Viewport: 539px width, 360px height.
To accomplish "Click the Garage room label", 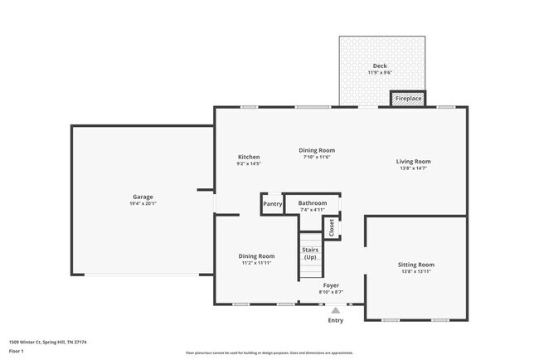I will coord(143,197).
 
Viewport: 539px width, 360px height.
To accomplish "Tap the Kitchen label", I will coord(249,157).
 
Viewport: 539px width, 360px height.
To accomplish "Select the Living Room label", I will coord(413,161).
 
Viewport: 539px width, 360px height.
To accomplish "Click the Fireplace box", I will coord(408,99).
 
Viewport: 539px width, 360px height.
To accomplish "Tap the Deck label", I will coord(380,66).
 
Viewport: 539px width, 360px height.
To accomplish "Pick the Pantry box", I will coord(272,204).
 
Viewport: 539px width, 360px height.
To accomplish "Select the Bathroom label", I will coord(313,202).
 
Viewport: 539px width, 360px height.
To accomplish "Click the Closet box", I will coord(332,227).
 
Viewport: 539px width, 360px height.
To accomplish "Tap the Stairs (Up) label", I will coord(310,253).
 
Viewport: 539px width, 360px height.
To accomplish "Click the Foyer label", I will coord(331,285).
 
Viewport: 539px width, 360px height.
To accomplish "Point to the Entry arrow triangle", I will coord(335,310).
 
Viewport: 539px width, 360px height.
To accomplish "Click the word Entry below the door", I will coord(335,320).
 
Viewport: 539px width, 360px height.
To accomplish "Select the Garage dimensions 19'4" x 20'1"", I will coord(143,203).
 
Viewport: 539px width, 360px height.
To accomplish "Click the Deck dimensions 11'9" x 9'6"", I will coord(380,73).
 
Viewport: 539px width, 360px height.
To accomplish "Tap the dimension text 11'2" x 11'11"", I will coord(257,263).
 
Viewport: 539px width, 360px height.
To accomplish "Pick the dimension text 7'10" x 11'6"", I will coord(317,157).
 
